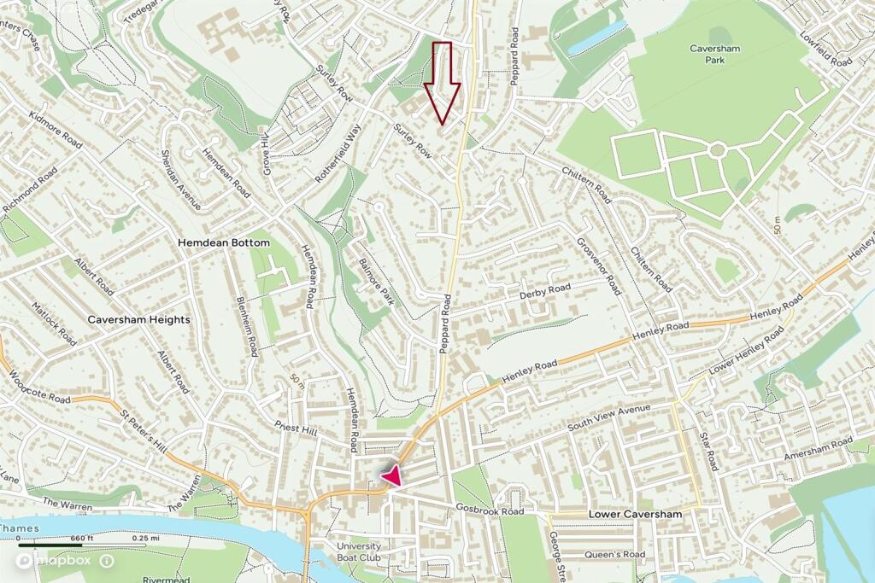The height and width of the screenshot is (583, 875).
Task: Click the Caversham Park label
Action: tap(715, 55)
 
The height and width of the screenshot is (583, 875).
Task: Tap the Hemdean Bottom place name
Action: tap(223, 243)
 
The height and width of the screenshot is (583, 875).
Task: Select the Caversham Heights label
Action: tap(138, 319)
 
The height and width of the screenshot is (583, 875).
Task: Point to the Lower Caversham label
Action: tap(635, 516)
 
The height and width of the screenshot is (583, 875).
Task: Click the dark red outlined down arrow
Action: tap(443, 84)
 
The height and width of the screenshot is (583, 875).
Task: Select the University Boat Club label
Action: tap(358, 552)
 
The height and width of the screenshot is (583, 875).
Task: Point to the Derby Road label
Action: tap(544, 292)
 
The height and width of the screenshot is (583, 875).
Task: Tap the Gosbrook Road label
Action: tap(489, 510)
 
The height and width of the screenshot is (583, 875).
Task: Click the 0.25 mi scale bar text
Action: tap(145, 539)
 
